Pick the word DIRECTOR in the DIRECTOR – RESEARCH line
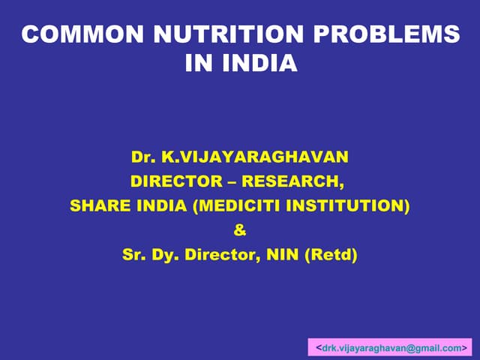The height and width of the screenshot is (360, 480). [177, 181]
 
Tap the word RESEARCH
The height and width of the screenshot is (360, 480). [294, 181]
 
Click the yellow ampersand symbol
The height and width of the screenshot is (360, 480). [240, 230]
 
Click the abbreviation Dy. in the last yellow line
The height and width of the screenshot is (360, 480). [166, 255]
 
